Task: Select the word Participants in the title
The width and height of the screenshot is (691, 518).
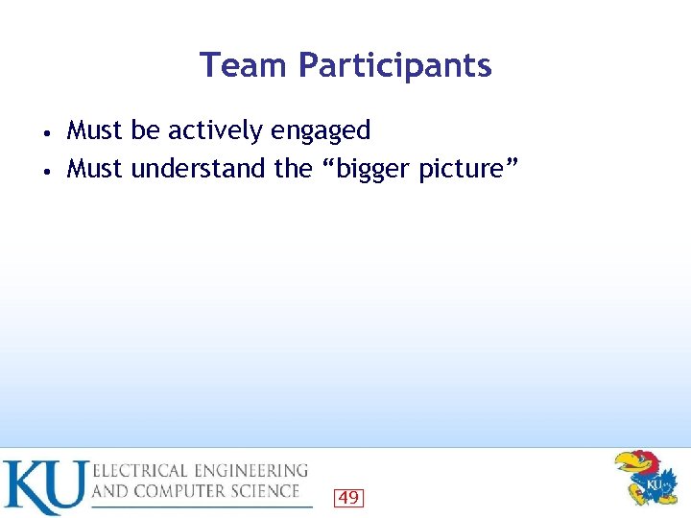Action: coord(394,66)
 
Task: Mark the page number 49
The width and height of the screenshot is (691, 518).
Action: coord(348,497)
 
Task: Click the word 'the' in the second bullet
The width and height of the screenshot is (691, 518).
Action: coord(294,169)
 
